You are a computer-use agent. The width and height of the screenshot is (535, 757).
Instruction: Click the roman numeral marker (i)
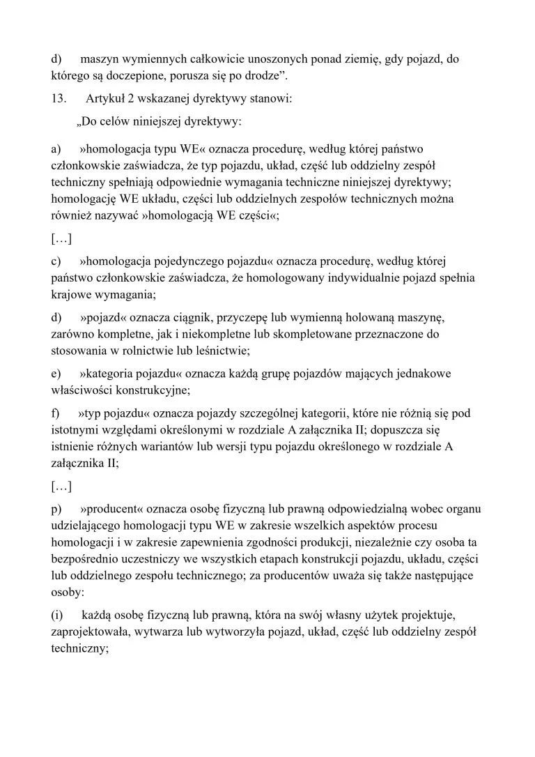click(58, 615)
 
